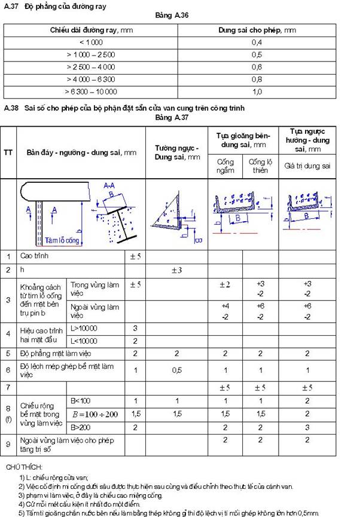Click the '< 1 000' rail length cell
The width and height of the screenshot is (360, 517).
pyautogui.click(x=91, y=42)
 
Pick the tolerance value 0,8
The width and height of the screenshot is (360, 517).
pyautogui.click(x=257, y=79)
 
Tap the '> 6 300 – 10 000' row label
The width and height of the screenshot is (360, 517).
pyautogui.click(x=91, y=91)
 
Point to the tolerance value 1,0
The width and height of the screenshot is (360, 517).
pyautogui.click(x=257, y=91)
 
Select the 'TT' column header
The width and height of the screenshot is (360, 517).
pyautogui.click(x=8, y=152)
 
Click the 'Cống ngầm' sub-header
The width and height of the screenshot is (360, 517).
pyautogui.click(x=225, y=166)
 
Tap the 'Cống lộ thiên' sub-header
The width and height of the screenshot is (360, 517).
pyautogui.click(x=258, y=166)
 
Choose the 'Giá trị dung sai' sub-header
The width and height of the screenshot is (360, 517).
pyautogui.click(x=307, y=166)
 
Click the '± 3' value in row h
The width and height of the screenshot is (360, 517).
pyautogui.click(x=177, y=270)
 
